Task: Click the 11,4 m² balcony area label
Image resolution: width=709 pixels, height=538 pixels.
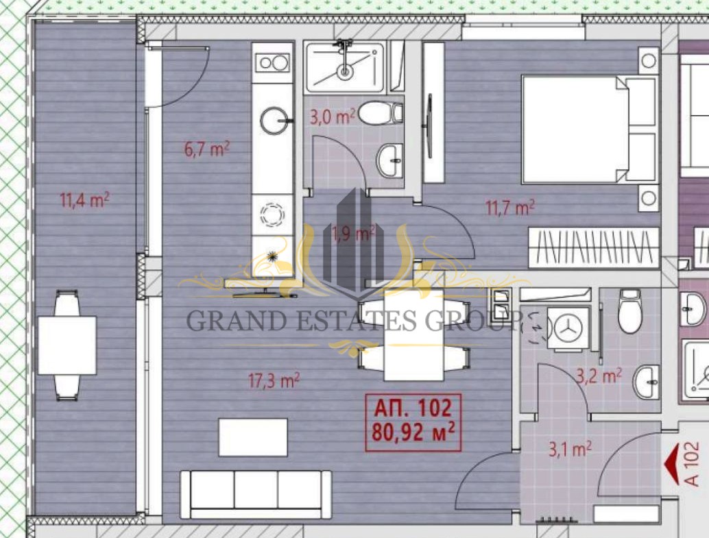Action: pos(84,199)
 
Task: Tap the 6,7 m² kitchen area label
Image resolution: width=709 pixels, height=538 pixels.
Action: pos(207,148)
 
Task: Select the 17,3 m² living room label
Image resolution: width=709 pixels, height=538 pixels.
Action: pos(274,380)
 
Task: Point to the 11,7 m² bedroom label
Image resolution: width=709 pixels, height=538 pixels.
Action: pos(510,208)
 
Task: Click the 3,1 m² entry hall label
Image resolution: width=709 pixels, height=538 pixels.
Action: pos(570,450)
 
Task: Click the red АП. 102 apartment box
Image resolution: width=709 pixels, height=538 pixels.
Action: pos(413,421)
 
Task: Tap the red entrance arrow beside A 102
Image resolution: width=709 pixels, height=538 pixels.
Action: pos(673,464)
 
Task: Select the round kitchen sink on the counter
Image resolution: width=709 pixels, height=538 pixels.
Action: pos(273,120)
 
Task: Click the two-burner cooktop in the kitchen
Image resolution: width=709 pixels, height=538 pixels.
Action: pos(273,63)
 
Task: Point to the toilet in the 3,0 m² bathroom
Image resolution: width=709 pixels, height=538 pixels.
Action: pos(381,114)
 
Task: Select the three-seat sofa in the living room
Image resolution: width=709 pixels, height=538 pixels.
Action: pos(256,495)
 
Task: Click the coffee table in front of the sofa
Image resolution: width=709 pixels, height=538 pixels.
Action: pos(253,437)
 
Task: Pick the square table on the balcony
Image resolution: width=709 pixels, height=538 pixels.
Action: pos(67,345)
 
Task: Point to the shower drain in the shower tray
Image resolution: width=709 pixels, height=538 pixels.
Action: pos(346,71)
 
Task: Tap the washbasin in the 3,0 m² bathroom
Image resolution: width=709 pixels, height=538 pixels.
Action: pos(389,160)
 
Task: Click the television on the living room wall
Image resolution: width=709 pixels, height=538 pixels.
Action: pos(265,295)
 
